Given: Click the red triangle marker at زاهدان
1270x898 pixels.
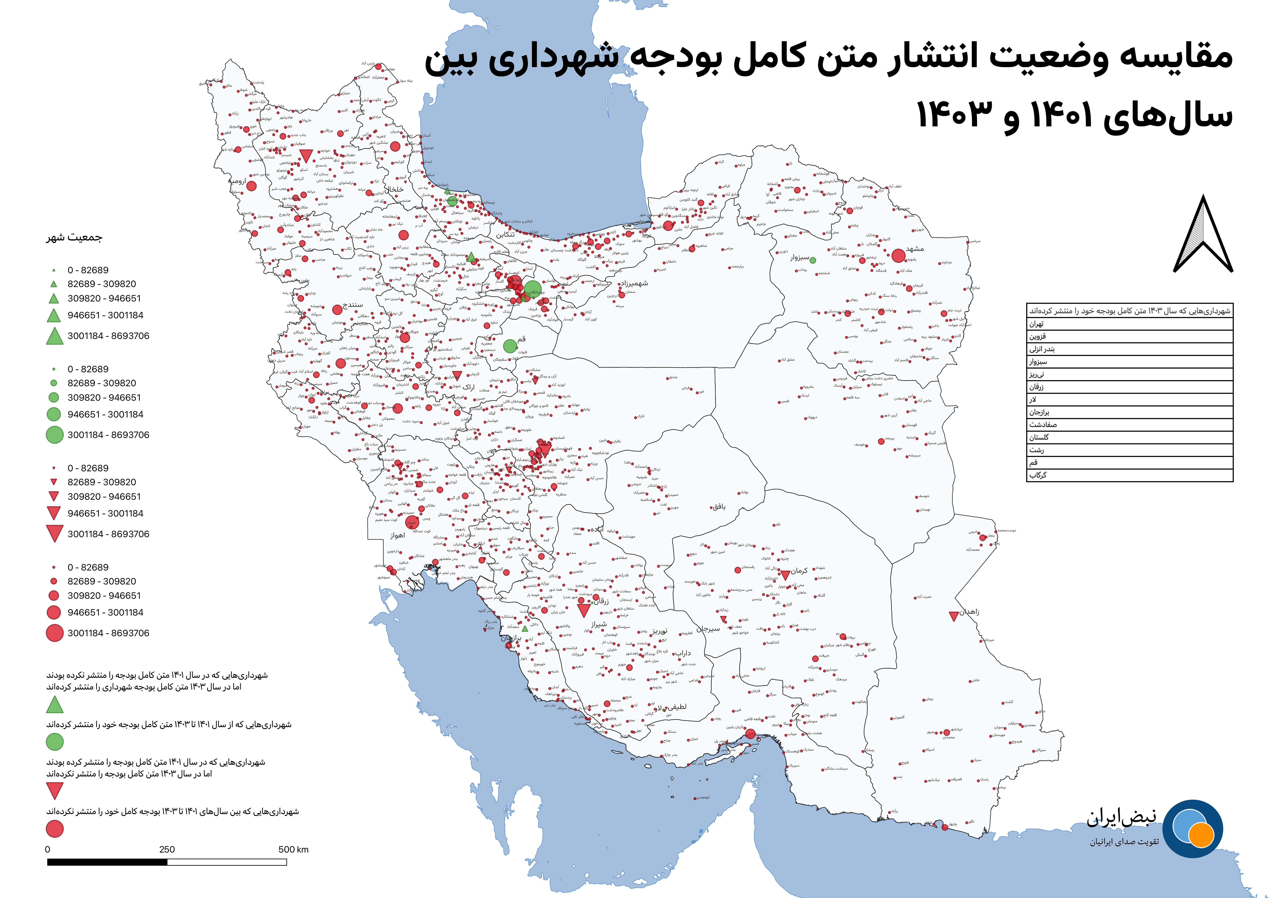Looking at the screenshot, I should (x=954, y=616).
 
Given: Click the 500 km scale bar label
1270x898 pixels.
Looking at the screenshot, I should (x=294, y=849).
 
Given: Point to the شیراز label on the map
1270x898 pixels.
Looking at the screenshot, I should (x=599, y=624).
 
